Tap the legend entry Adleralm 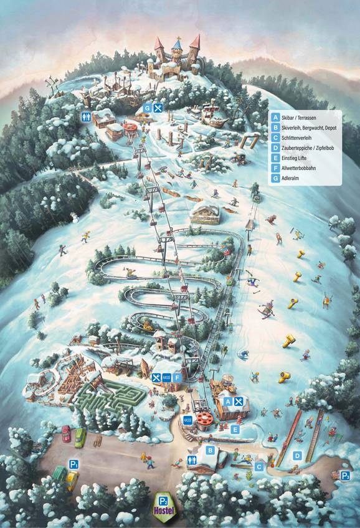[x=293, y=179]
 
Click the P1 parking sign [x=73, y=464]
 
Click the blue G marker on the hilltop [x=148, y=108]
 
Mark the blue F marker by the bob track [x=178, y=377]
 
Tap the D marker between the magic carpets [x=297, y=456]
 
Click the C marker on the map [x=258, y=465]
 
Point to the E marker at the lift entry [x=235, y=429]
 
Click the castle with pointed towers [x=176, y=59]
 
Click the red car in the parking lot [x=67, y=433]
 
